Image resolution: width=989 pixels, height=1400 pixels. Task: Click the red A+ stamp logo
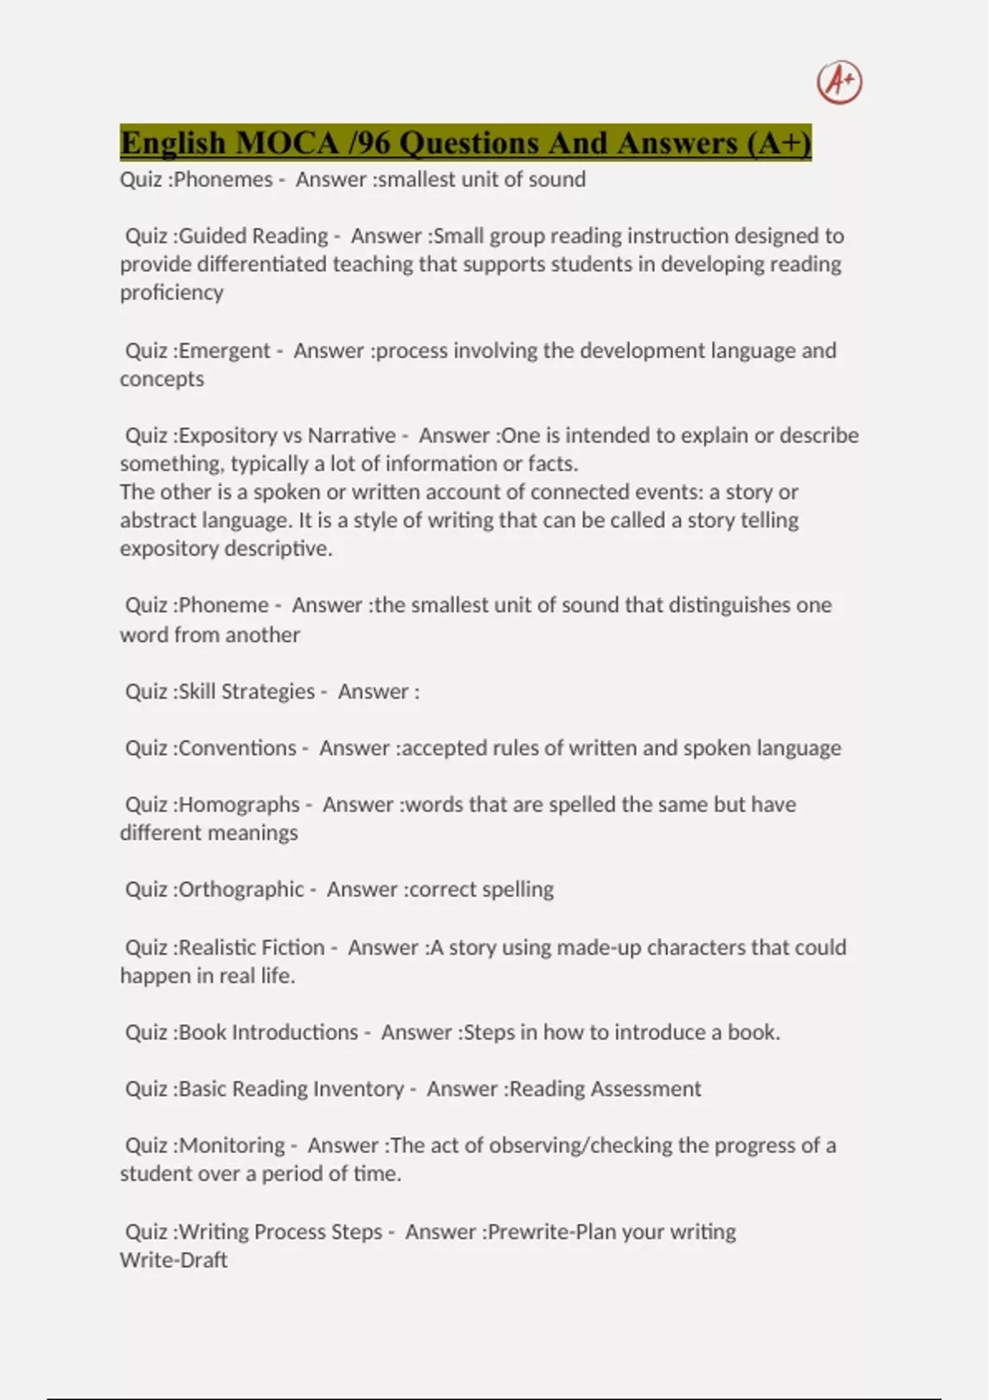tap(839, 82)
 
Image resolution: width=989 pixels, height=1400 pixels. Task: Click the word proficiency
tap(171, 293)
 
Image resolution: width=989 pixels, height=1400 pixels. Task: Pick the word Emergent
tap(224, 351)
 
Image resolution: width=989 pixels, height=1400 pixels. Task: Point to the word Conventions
tap(237, 749)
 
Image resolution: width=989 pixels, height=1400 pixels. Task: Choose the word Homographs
tap(239, 805)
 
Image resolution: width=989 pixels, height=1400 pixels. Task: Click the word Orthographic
tap(241, 889)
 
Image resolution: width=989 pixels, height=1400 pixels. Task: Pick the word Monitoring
tap(232, 1146)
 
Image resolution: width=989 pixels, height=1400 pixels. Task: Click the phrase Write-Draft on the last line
tap(173, 1260)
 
